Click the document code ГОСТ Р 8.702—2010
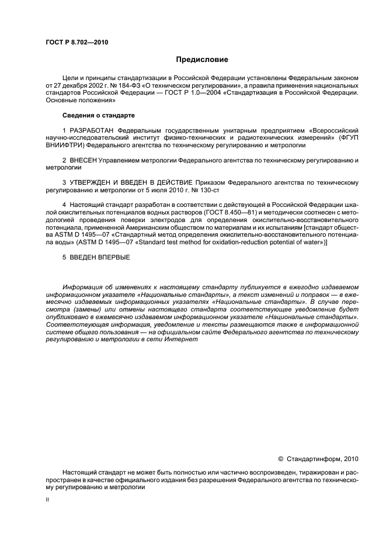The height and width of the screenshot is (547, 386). [x=76, y=42]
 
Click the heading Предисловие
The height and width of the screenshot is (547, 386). [x=202, y=60]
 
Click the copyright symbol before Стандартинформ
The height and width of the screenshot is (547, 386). [x=280, y=459]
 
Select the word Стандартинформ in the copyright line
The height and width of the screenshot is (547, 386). [x=314, y=459]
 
